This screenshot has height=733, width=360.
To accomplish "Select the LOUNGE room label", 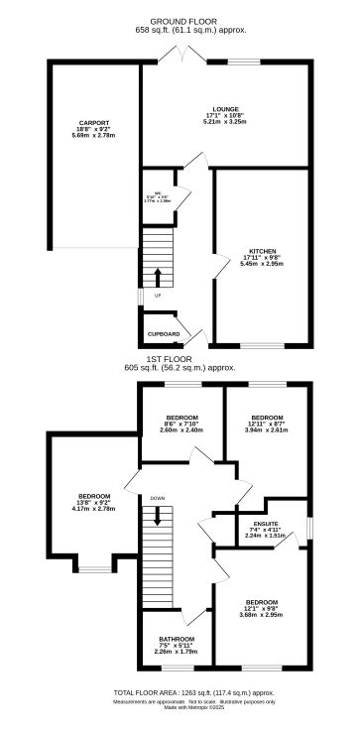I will coord(224,109).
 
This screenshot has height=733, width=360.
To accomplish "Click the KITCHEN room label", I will coord(262,251).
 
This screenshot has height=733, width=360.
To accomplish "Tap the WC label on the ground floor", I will coord(157,192).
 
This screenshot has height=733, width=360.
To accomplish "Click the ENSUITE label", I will coord(265,523).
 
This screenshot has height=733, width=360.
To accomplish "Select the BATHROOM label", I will coord(179,639).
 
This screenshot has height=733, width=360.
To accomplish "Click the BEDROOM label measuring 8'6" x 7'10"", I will coord(181,417).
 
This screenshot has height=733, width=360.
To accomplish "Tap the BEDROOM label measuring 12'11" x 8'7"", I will coord(268,418).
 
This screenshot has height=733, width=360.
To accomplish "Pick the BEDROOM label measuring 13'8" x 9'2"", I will coord(94,495).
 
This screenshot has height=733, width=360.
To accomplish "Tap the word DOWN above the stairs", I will coord(157,497).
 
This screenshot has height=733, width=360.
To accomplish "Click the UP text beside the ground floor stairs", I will coord(156,296).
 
